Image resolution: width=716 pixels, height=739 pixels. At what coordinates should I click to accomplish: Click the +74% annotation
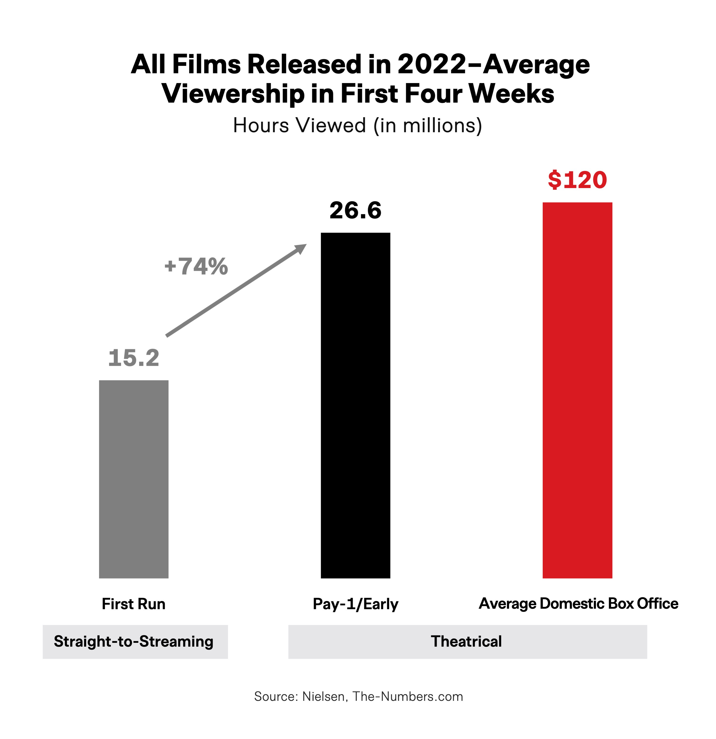click(196, 266)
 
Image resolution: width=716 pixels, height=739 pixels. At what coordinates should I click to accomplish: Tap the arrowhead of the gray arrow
click(301, 248)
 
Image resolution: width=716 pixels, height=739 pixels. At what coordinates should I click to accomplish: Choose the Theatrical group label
click(466, 641)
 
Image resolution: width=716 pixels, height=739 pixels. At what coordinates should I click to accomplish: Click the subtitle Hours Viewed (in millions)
click(358, 125)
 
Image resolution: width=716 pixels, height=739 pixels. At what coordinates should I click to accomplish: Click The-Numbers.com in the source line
click(408, 696)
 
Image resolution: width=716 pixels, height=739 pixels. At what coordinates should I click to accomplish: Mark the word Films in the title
click(207, 64)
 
